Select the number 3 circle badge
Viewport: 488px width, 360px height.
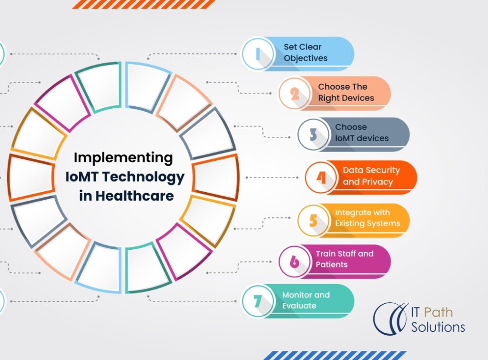click(x=314, y=134)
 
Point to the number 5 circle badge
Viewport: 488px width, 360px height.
click(x=314, y=220)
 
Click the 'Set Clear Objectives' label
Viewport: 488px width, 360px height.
click(x=305, y=53)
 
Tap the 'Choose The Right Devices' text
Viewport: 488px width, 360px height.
click(x=346, y=93)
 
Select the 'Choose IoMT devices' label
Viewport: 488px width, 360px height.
click(x=362, y=133)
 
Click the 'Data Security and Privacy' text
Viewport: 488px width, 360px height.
click(x=371, y=176)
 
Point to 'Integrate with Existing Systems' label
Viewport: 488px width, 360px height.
click(x=367, y=218)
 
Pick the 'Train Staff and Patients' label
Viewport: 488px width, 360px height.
click(x=345, y=259)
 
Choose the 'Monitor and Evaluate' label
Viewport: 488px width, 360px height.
click(x=305, y=300)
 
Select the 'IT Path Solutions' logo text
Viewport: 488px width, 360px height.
click(x=431, y=320)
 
